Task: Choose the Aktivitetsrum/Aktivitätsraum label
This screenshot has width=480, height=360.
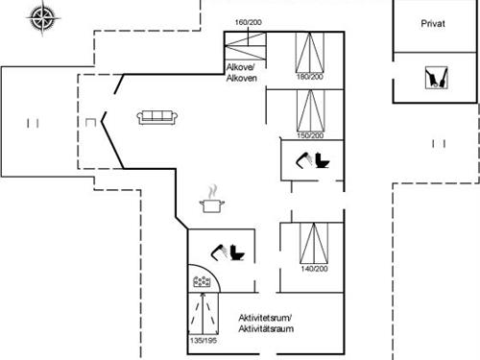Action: (x=265, y=324)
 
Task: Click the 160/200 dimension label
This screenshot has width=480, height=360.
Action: (x=248, y=22)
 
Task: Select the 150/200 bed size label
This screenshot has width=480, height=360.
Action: (x=309, y=134)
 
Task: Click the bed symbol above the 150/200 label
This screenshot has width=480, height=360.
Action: (x=309, y=110)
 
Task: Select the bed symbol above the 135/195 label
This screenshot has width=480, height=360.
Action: (x=202, y=314)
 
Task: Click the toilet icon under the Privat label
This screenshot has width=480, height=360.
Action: (x=436, y=77)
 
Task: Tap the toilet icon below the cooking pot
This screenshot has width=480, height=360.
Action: (x=230, y=252)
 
